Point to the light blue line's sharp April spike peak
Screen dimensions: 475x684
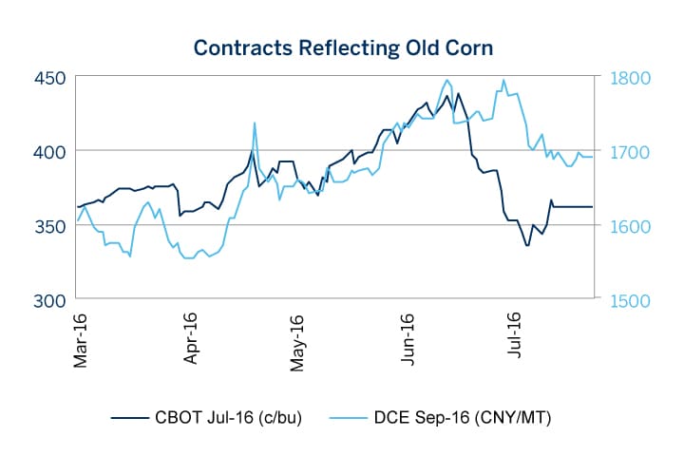pos(255,123)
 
